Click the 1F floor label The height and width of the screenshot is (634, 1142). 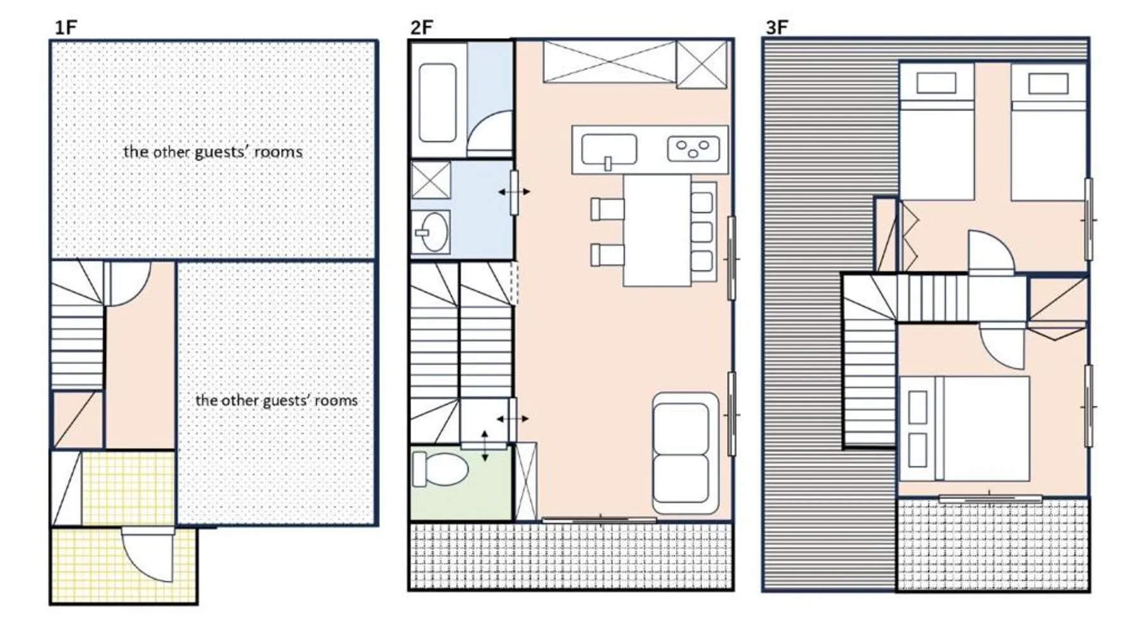pos(66,27)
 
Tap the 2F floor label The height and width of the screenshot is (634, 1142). pos(422,27)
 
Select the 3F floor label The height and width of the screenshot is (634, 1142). pos(777,27)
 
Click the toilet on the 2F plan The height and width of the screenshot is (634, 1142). pos(440,469)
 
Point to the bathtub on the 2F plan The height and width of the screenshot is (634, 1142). pos(438,103)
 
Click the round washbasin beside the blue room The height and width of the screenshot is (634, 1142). pos(433,232)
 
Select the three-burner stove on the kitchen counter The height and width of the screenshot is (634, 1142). pos(693,149)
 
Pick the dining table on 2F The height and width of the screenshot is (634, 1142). pos(657,230)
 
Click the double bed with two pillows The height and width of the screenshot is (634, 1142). pos(964,429)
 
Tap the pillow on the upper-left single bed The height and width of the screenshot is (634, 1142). pos(936,83)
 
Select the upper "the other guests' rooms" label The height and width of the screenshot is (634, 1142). pos(213,152)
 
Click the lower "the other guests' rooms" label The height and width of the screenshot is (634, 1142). pos(276,400)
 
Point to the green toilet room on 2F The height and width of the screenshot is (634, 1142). pos(461,483)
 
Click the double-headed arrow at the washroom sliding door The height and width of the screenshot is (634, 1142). pos(514,191)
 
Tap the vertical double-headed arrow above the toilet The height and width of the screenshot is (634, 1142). pos(485,446)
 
